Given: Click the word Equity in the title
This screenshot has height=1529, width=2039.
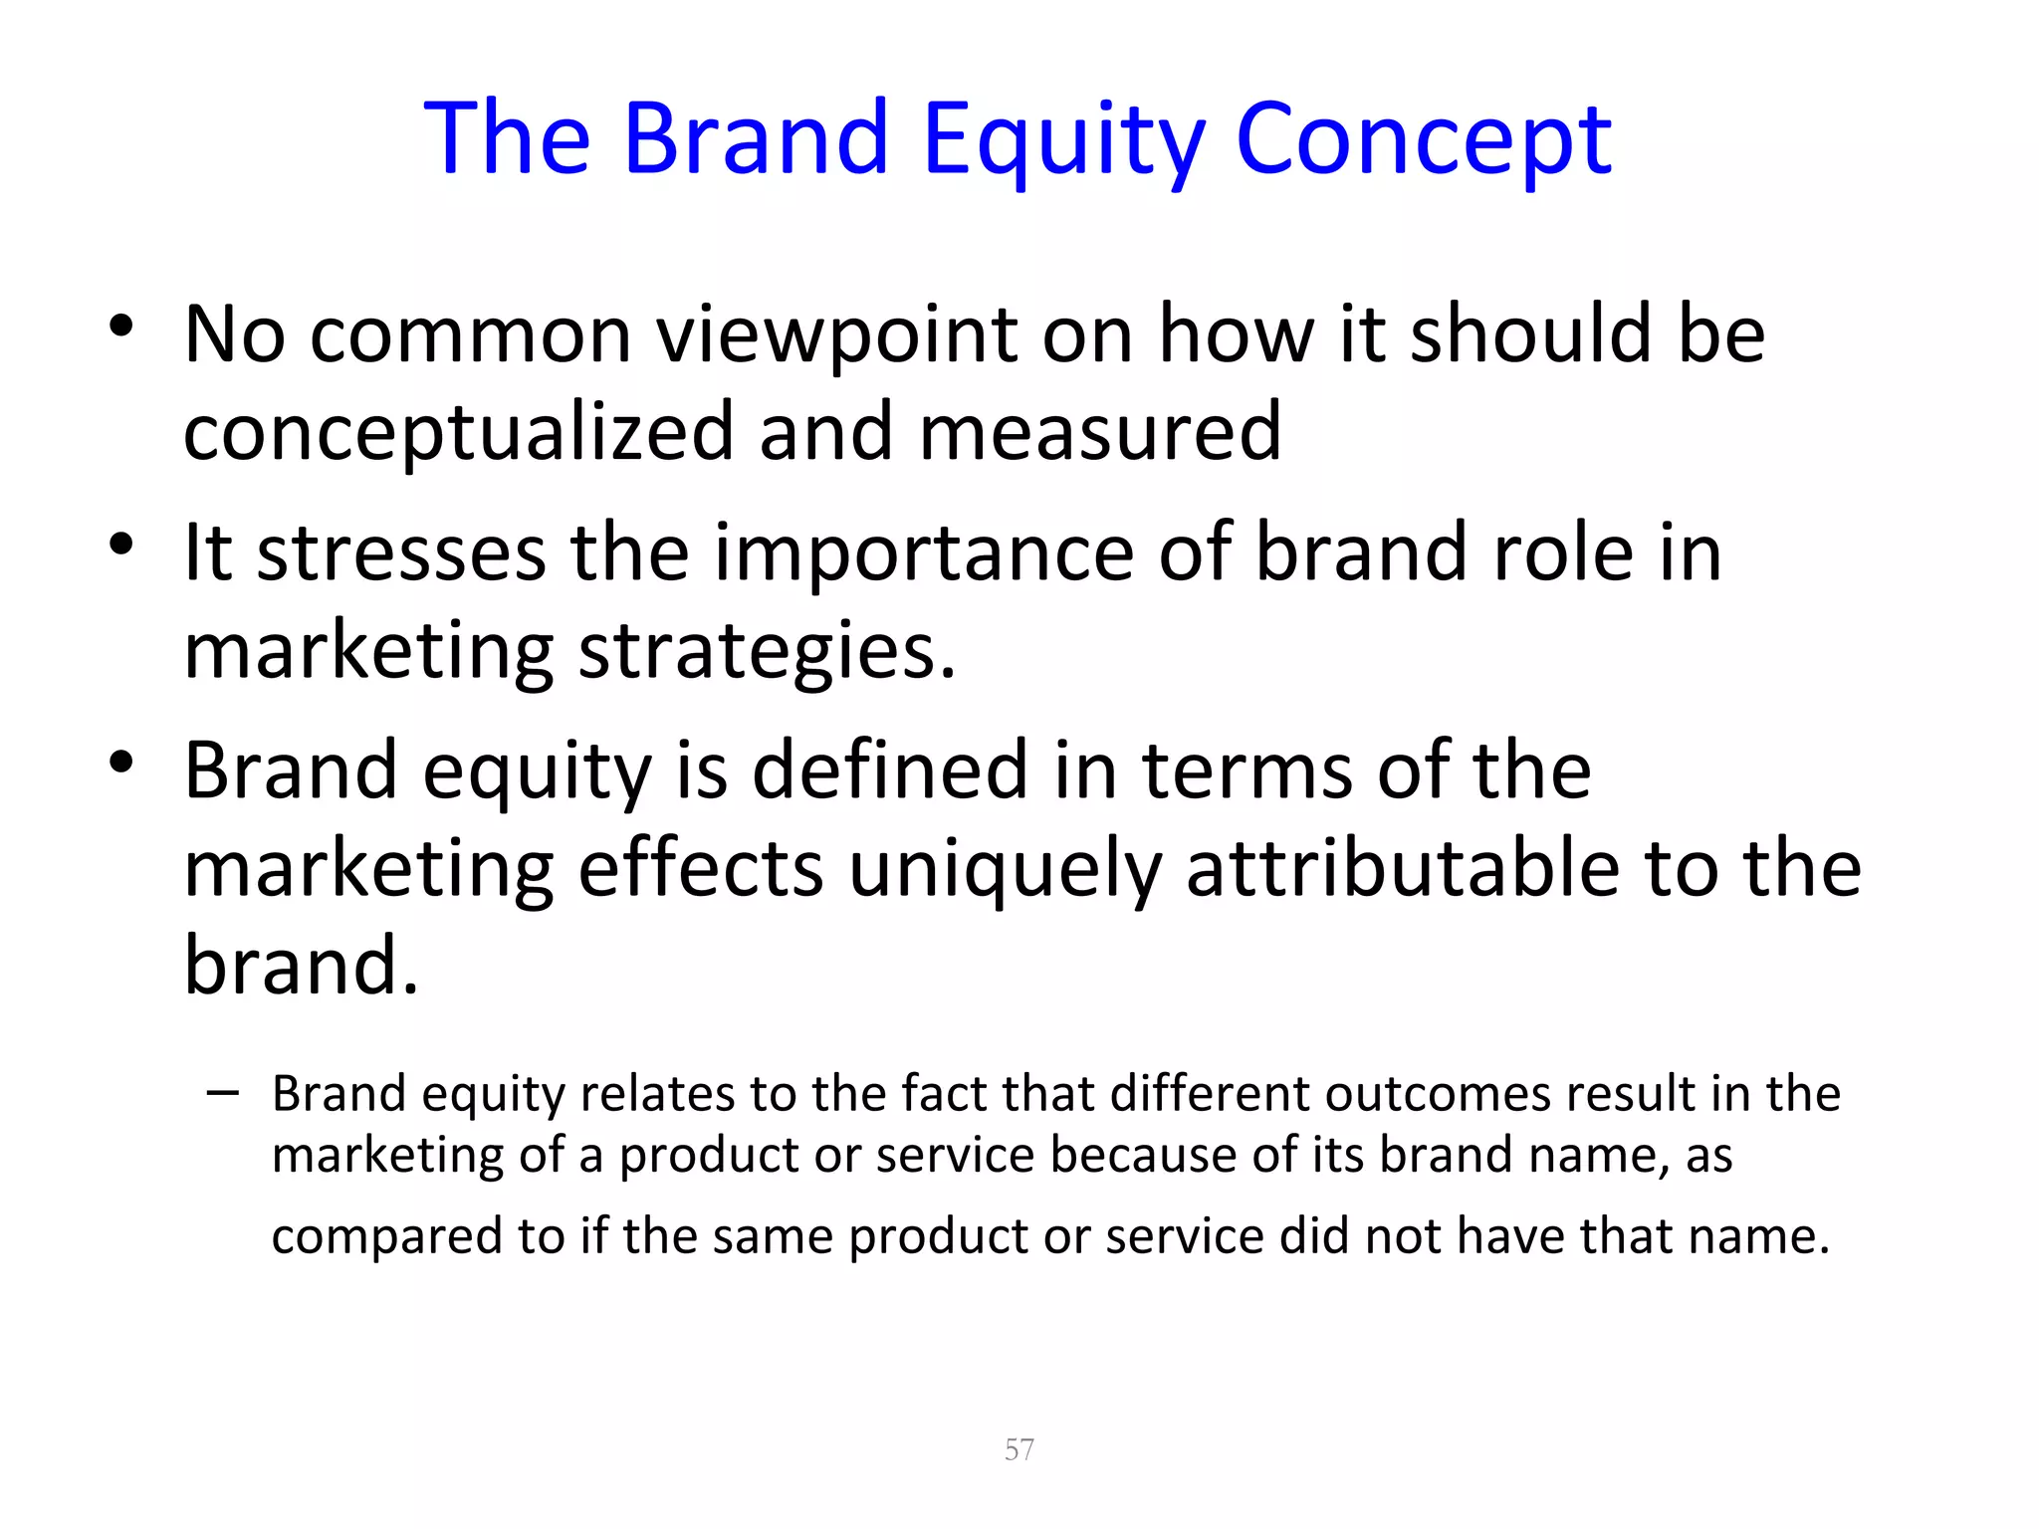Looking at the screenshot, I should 1063,141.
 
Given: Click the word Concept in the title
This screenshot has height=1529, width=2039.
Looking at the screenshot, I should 1423,141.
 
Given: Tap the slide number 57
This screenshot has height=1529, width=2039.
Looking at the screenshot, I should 1019,1449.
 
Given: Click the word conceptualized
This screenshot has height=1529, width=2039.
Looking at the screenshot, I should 459,434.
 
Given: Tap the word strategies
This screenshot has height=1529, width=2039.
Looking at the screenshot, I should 767,653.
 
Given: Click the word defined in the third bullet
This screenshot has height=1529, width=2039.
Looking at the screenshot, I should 889,770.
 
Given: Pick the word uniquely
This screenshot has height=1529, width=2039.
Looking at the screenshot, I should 1005,870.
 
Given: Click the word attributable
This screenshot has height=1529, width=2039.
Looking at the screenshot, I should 1402,868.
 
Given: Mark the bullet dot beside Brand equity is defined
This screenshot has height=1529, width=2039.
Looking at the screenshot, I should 121,763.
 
